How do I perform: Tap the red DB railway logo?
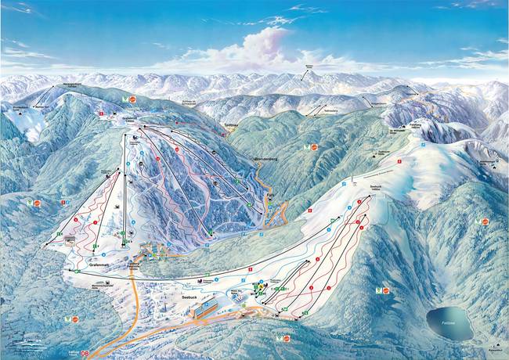coord(96,353)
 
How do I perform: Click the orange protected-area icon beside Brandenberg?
coord(314,146)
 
